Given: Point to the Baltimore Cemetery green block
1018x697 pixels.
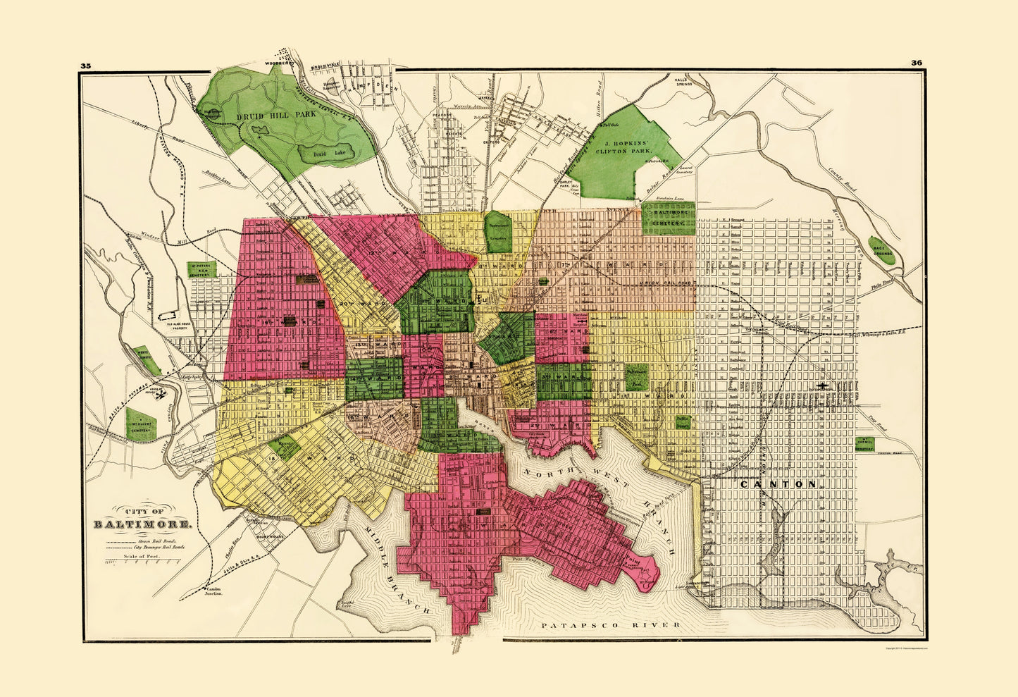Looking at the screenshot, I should [x=668, y=218].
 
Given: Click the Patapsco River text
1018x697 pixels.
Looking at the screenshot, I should [x=610, y=625].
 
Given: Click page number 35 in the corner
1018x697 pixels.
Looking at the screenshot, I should [x=85, y=65].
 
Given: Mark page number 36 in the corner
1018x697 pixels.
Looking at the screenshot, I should [x=916, y=63].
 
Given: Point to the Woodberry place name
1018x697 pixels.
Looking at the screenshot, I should [x=277, y=63].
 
